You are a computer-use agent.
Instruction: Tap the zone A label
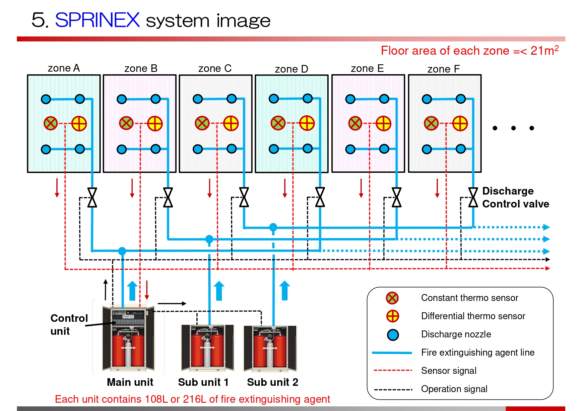pyautogui.click(x=64, y=68)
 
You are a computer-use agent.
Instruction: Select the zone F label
pyautogui.click(x=443, y=69)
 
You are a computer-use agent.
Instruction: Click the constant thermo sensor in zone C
pyautogui.click(x=202, y=123)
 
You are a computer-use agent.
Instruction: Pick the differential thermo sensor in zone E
pyautogui.click(x=383, y=124)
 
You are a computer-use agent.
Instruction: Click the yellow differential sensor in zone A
pyautogui.click(x=79, y=124)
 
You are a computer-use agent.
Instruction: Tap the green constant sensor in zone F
pyautogui.click(x=431, y=123)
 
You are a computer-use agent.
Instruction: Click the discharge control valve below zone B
pyautogui.click(x=168, y=197)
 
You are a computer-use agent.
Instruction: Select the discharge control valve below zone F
pyautogui.click(x=473, y=197)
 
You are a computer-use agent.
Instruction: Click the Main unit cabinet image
pyautogui.click(x=128, y=338)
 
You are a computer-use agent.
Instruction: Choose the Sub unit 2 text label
pyautogui.click(x=273, y=382)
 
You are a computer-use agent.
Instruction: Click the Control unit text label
pyautogui.click(x=69, y=324)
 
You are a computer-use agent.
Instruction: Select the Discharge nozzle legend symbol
pyautogui.click(x=393, y=335)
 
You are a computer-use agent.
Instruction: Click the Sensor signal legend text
pyautogui.click(x=449, y=371)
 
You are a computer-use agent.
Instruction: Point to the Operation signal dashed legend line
pyautogui.click(x=393, y=389)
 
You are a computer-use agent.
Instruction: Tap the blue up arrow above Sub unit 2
pyautogui.click(x=285, y=291)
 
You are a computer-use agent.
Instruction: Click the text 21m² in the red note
pyautogui.click(x=544, y=51)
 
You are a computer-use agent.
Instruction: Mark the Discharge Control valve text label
pyautogui.click(x=515, y=197)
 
